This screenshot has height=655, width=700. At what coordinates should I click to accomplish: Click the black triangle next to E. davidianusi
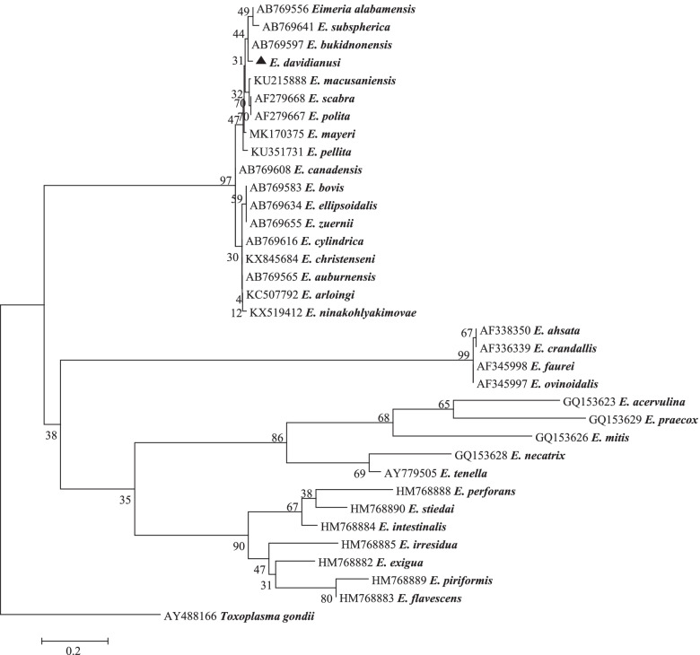pos(261,60)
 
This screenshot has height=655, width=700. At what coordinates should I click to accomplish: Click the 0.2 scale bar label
pos(75,652)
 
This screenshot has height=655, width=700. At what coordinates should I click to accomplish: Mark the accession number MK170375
pos(278,134)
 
